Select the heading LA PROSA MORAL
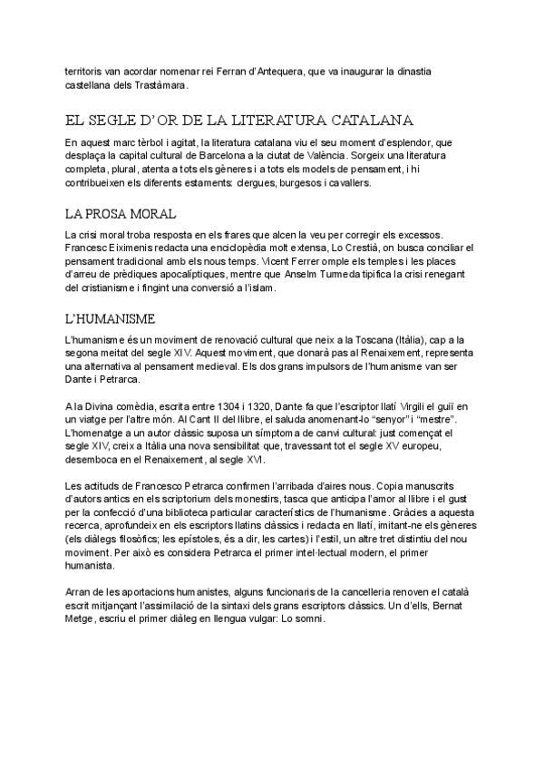tap(121, 214)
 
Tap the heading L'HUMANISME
tap(111, 318)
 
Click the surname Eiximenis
tap(139, 248)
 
